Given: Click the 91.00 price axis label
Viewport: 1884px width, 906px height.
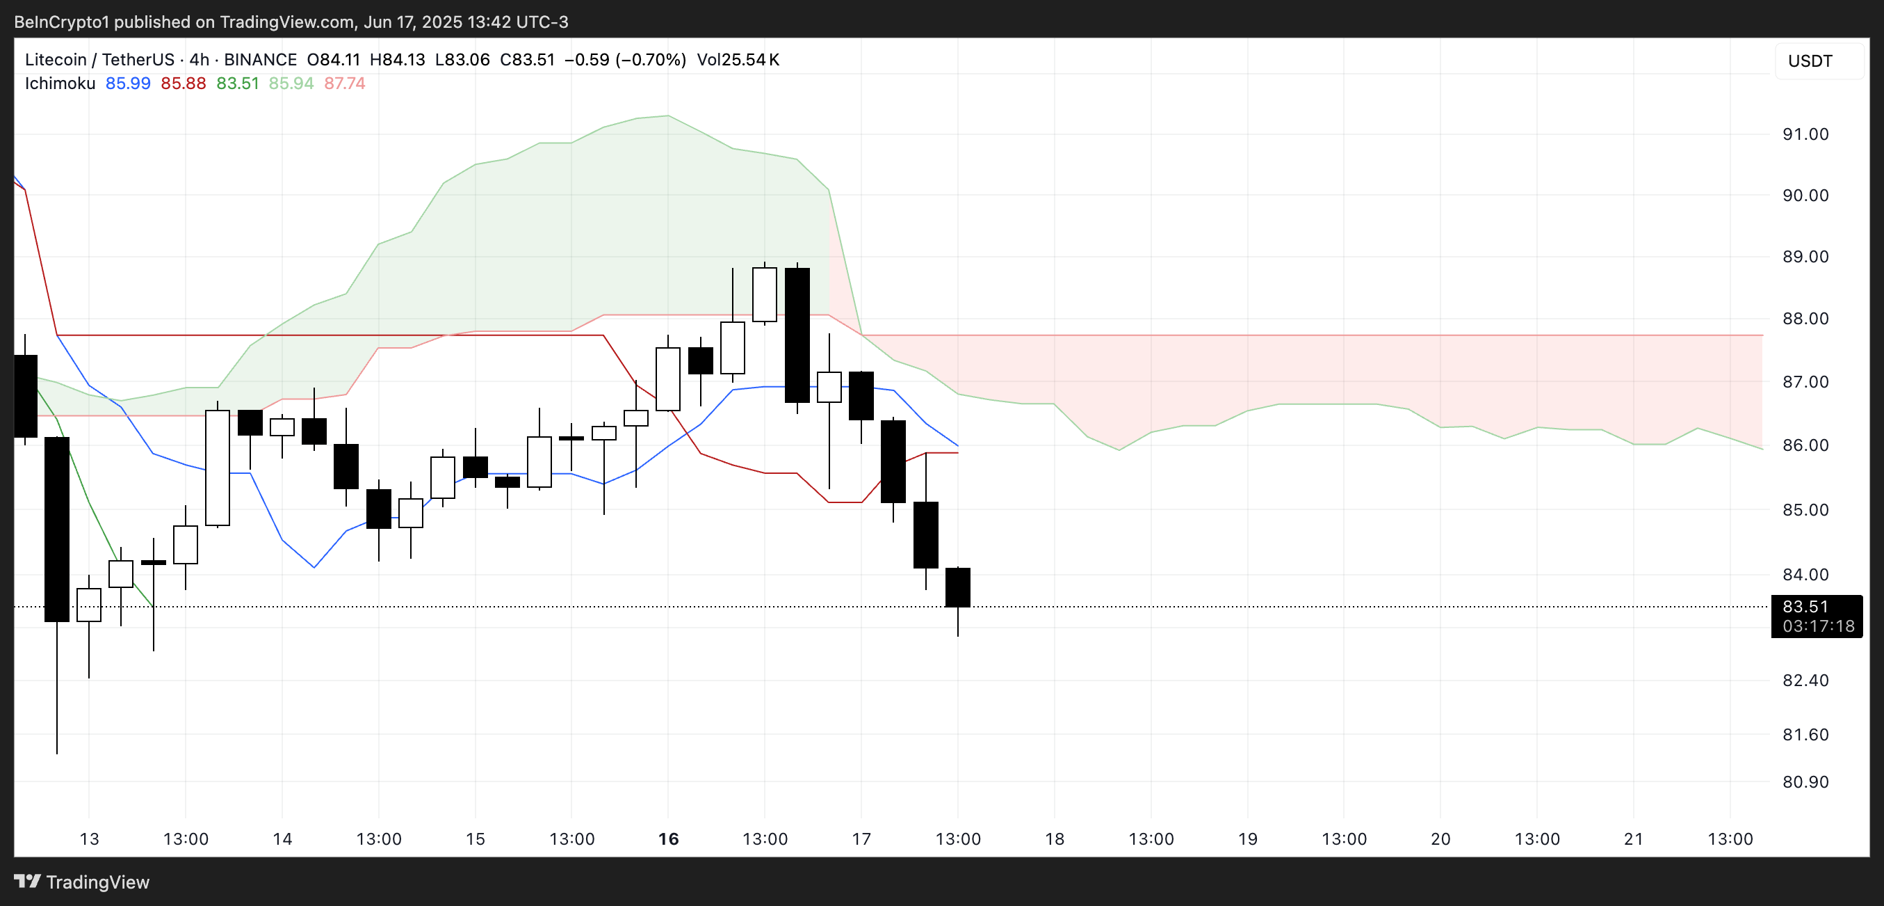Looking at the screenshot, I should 1805,134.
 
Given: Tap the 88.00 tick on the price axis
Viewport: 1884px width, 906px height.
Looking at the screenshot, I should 1805,318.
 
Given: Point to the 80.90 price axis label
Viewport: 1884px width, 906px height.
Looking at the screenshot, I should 1805,781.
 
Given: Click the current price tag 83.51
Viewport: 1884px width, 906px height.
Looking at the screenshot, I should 1805,607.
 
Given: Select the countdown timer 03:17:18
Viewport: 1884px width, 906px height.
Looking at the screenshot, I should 1818,626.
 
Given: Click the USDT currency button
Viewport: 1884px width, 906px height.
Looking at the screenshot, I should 1810,61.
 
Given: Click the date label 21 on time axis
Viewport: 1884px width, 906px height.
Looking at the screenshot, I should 1633,839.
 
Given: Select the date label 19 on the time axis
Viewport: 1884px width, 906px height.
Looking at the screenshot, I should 1247,839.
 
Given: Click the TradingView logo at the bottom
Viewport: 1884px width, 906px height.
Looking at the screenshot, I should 82,882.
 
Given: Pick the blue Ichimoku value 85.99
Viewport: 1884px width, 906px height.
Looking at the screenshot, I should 128,84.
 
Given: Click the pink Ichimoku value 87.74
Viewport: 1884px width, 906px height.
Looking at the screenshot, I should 345,84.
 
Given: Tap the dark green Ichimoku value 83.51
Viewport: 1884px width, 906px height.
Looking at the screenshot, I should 238,84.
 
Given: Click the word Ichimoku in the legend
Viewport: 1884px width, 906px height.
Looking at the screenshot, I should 60,84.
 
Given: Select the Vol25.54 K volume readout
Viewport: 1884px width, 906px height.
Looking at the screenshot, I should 738,59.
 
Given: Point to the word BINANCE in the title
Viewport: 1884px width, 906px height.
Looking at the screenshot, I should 261,59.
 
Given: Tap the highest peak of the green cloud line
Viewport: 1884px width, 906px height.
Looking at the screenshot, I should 667,116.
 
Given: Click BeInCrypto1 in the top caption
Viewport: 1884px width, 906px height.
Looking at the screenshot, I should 61,22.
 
